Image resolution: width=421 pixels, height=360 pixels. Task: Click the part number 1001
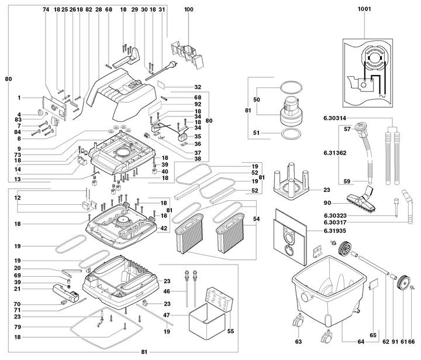(x=364, y=9)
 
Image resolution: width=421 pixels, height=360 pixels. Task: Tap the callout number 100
(x=188, y=9)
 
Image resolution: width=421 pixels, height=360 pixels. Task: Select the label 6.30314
(x=334, y=118)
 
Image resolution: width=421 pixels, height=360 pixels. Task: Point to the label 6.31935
(x=335, y=231)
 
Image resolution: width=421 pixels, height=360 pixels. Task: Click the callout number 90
(x=327, y=203)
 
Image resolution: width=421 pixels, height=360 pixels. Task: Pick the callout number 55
(x=230, y=331)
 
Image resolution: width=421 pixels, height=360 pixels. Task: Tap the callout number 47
(x=167, y=315)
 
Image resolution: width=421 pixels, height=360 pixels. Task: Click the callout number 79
(x=18, y=327)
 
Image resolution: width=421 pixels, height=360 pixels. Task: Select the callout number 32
(x=198, y=87)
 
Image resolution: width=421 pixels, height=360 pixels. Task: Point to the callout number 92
(x=198, y=104)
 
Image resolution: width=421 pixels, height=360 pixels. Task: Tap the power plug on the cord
(x=171, y=66)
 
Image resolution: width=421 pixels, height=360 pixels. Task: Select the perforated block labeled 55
(x=219, y=299)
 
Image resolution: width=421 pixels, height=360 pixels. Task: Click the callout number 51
(x=257, y=133)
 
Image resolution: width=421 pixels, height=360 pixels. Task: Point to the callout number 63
(x=298, y=341)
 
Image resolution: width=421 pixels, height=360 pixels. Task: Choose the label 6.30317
(x=335, y=222)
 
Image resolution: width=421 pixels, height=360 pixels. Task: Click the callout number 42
(x=164, y=228)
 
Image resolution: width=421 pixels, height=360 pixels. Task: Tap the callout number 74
(x=46, y=9)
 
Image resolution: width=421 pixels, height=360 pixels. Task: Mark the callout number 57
(x=347, y=129)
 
